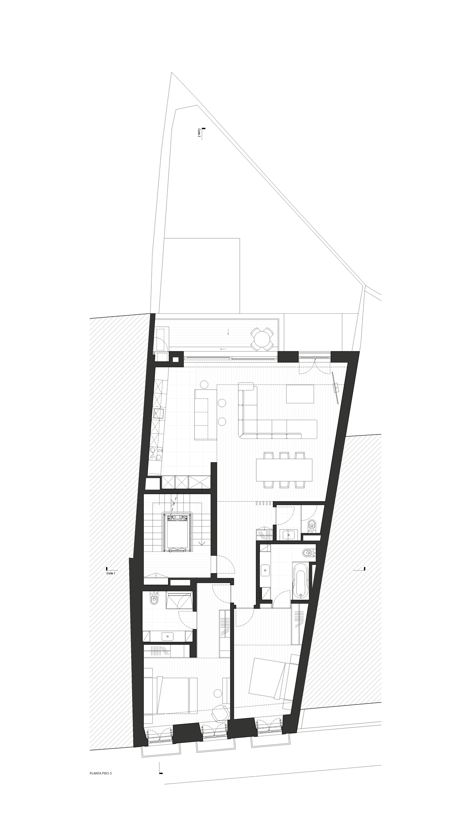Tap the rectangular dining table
(x=284, y=470)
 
